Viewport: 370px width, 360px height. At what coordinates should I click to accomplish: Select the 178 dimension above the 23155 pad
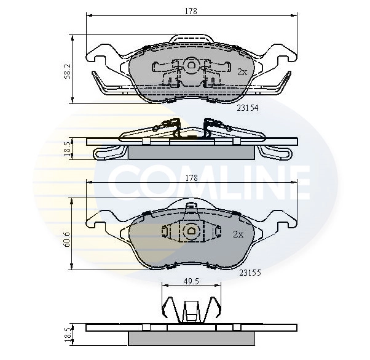[192, 178]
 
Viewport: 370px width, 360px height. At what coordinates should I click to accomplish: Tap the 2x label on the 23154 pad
[242, 72]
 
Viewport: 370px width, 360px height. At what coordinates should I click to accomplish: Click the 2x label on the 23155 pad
[238, 234]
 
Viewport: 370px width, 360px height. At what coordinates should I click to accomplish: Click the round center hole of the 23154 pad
[191, 65]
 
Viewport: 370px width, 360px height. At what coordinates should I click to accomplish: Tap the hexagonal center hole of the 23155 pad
[191, 232]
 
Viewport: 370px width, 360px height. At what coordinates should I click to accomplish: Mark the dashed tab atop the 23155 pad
[191, 207]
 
